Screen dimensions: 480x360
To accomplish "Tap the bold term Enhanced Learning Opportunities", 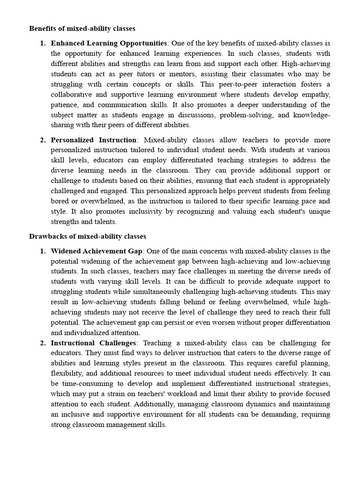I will [x=108, y=43].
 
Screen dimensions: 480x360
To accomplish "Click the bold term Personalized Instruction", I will [x=94, y=140].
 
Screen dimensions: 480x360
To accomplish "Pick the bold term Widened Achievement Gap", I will [x=96, y=251].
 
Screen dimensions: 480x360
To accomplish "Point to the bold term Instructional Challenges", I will [x=93, y=343].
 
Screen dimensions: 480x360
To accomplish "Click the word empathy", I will [x=315, y=94].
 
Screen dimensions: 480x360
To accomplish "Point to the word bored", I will [x=60, y=201].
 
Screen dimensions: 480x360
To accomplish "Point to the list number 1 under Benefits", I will [x=42, y=43].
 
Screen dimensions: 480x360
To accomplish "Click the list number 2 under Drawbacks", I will [x=42, y=343].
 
